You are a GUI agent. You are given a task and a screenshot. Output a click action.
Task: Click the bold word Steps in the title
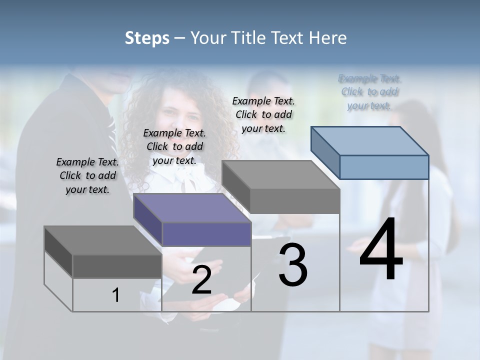click(x=147, y=38)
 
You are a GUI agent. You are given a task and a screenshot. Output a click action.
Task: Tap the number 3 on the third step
click(x=293, y=265)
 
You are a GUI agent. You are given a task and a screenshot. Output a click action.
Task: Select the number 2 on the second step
click(x=201, y=280)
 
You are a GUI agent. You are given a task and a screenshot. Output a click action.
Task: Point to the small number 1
click(x=115, y=295)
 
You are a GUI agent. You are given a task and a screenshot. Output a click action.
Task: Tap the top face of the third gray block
click(x=280, y=175)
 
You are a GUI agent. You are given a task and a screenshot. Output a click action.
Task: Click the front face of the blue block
click(x=384, y=167)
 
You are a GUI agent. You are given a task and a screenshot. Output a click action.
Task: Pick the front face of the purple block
click(x=206, y=234)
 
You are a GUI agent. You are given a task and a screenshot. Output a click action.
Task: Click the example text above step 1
click(x=87, y=175)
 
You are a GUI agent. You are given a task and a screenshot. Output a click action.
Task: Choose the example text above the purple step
click(x=174, y=146)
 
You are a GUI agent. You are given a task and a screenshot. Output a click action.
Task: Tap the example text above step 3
click(x=263, y=114)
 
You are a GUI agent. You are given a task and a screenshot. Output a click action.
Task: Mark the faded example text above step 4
click(x=369, y=92)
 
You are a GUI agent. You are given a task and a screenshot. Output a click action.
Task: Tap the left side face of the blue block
click(x=325, y=152)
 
